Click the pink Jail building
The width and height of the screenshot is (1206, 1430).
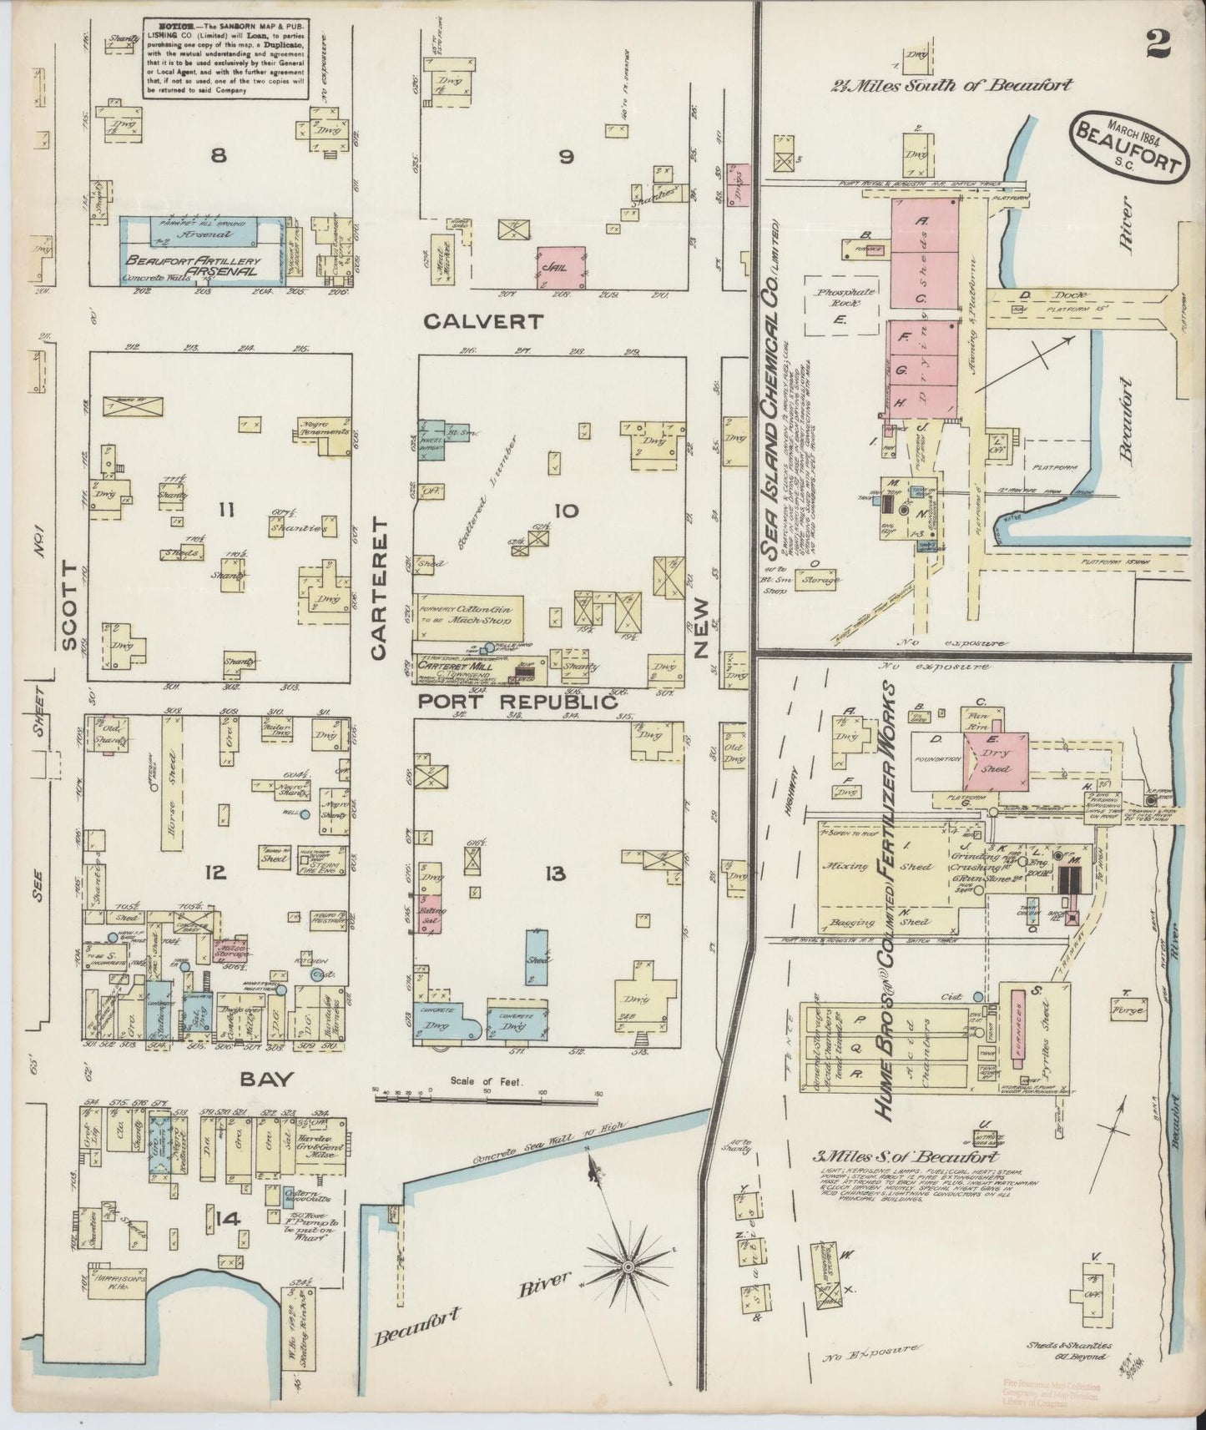(x=560, y=267)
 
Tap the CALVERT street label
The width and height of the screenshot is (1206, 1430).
(x=483, y=321)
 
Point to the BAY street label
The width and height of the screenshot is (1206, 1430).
(x=266, y=1079)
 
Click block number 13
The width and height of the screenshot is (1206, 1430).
(x=555, y=874)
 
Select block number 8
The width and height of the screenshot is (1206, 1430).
(x=219, y=155)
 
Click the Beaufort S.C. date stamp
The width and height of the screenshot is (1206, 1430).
(x=1128, y=144)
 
